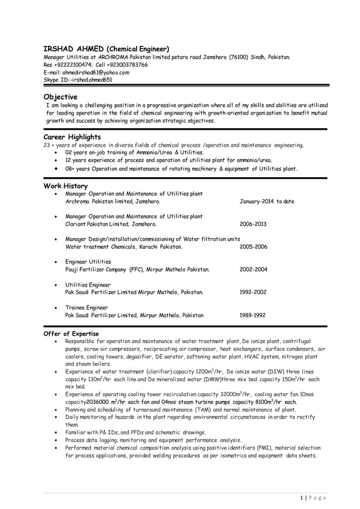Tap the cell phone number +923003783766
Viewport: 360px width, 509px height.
point(127,65)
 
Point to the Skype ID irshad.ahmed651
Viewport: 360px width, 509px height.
point(90,80)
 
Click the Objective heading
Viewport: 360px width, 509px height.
point(62,97)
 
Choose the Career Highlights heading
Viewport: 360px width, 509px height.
point(72,137)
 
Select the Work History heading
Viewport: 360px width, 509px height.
point(65,186)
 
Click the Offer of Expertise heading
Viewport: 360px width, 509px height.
point(71,334)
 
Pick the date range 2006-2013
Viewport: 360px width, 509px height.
point(253,224)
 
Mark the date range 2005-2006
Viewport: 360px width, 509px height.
point(253,247)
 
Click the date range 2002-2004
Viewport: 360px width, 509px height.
point(253,270)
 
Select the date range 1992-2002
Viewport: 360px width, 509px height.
point(253,292)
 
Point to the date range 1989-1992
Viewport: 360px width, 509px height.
point(253,315)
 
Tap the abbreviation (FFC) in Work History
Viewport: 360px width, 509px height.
point(136,270)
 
